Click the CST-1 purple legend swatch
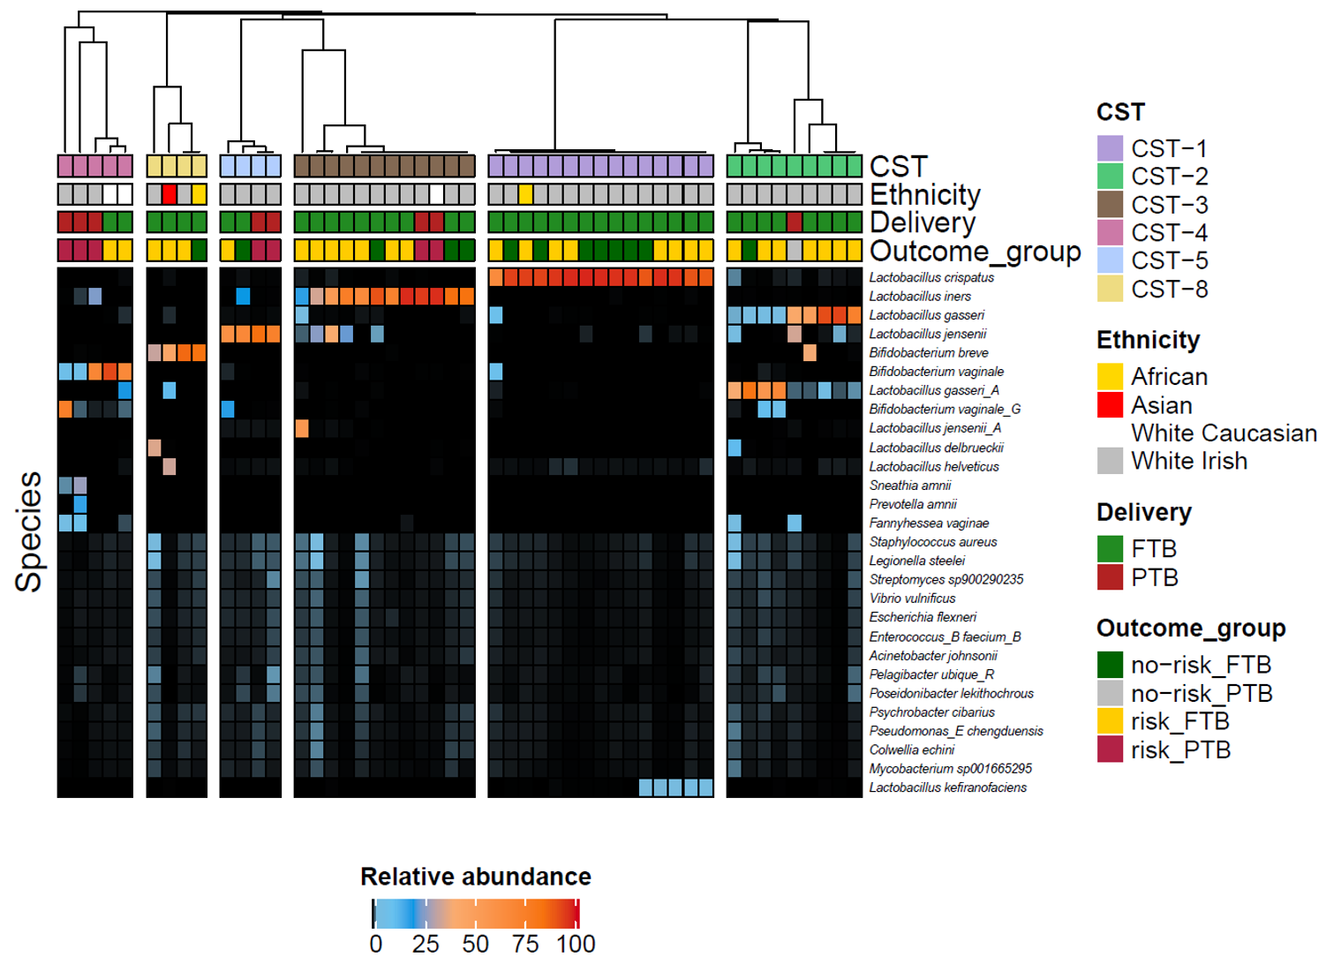click(x=1110, y=148)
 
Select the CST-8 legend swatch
click(x=1110, y=289)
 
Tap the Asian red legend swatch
click(x=1110, y=405)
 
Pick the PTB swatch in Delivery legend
click(x=1110, y=577)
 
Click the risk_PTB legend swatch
click(x=1110, y=749)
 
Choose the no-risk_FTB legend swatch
click(x=1110, y=665)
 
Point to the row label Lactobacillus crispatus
click(x=931, y=277)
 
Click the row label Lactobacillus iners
click(x=920, y=297)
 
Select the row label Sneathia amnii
click(x=910, y=486)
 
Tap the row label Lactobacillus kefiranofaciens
click(x=947, y=787)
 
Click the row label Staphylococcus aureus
click(x=933, y=542)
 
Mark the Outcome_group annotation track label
click(x=975, y=252)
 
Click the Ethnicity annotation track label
click(x=924, y=194)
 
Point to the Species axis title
click(x=29, y=531)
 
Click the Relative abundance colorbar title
click(x=476, y=877)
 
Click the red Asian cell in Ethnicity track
click(x=170, y=194)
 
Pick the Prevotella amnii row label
click(x=913, y=504)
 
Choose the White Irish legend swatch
click(x=1110, y=461)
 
